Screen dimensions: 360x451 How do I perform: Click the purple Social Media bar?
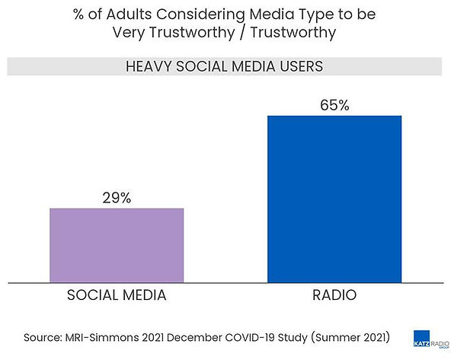[117, 244]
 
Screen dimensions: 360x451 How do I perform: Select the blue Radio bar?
[334, 198]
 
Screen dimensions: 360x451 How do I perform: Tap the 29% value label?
[117, 198]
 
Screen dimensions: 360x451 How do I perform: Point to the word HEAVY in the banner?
[146, 66]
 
